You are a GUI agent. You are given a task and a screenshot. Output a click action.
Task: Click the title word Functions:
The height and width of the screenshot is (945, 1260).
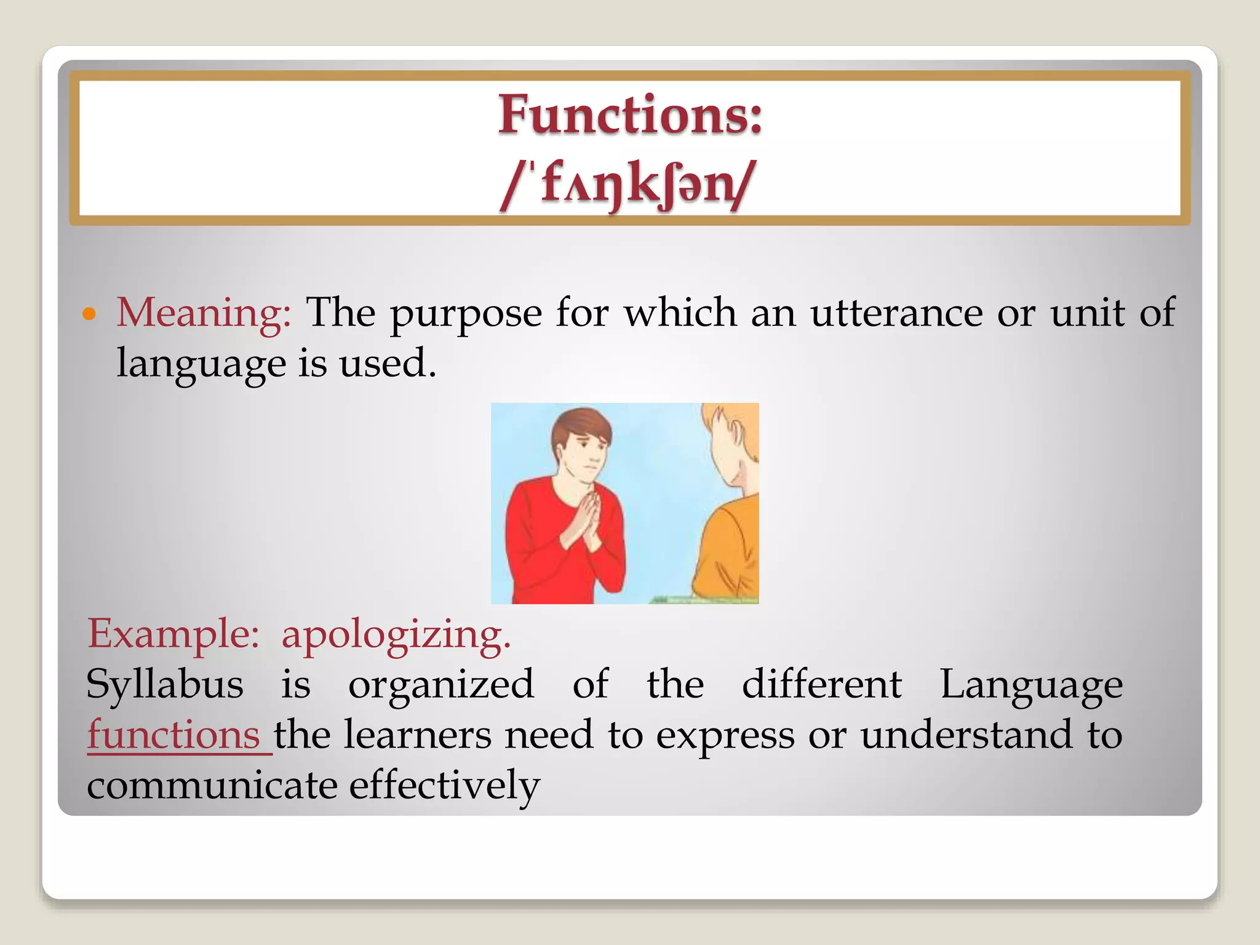pos(629,115)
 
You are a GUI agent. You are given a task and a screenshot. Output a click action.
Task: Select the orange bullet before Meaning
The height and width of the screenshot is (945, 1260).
pos(90,314)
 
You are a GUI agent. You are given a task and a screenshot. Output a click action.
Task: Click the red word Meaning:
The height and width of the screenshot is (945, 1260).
pos(204,313)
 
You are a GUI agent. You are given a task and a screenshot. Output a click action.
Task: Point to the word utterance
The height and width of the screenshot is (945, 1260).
pos(896,313)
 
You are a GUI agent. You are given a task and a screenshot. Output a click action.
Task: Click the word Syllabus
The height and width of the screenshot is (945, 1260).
pos(165,684)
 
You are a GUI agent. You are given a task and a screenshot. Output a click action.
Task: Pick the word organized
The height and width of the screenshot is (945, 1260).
pos(441,685)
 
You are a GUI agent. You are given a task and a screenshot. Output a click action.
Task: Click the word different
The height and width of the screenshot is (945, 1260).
pos(821,684)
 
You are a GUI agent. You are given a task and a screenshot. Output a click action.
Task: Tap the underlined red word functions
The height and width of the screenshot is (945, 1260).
pos(173,735)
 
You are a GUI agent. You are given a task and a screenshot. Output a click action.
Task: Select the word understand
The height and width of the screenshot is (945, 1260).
pos(966,735)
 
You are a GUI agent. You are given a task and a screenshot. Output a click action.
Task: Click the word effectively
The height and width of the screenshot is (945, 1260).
pos(444,786)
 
